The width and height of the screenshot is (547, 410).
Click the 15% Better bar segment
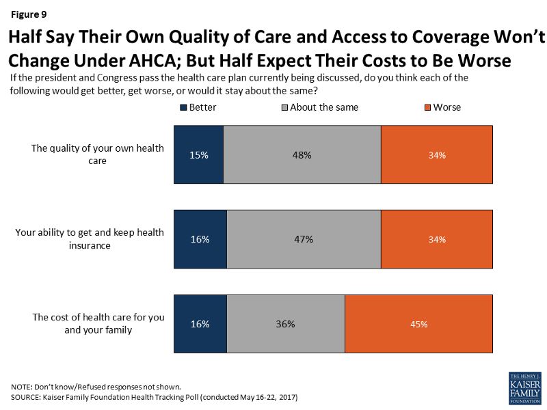[x=199, y=154]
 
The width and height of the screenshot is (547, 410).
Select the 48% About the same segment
[x=302, y=154]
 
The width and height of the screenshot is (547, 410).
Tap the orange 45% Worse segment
[x=418, y=324]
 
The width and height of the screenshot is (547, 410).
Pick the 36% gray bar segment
[x=286, y=324]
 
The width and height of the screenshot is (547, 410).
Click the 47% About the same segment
[x=304, y=239]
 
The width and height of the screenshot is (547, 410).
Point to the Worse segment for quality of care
[x=436, y=154]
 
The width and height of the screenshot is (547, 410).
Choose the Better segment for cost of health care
[x=200, y=324]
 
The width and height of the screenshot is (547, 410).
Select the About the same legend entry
[x=319, y=107]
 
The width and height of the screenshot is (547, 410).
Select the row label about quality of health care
[x=98, y=154]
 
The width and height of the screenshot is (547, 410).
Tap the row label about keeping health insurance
[x=90, y=239]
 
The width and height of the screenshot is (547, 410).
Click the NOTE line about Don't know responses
[x=96, y=387]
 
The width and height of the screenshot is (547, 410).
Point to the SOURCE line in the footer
[x=155, y=397]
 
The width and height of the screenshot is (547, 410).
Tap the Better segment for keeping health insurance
[x=200, y=239]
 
